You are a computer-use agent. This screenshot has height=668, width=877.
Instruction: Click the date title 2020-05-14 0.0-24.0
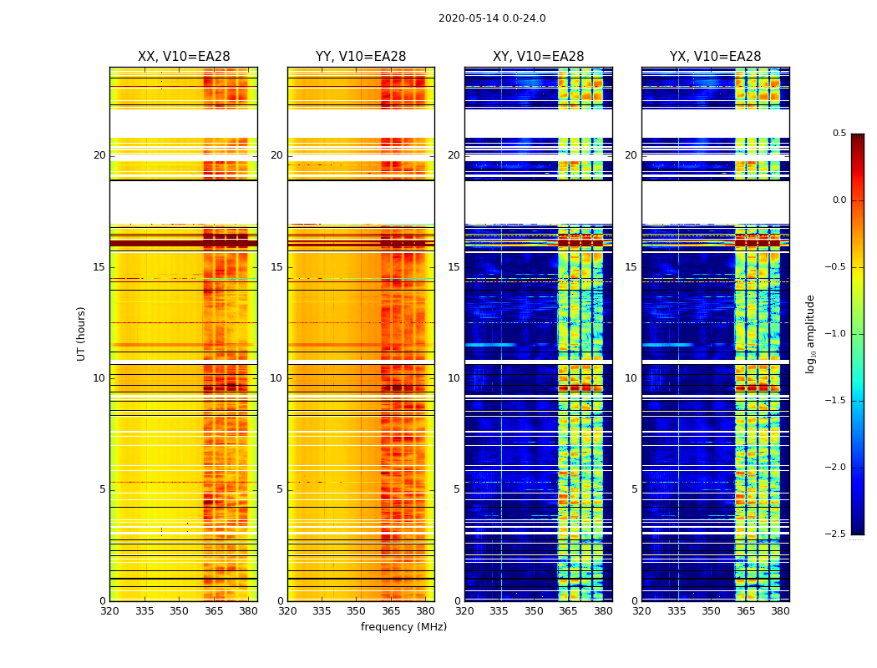492,18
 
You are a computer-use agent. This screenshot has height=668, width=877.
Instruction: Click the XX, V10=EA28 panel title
184,57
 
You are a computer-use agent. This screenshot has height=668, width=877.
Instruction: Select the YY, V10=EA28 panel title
361,57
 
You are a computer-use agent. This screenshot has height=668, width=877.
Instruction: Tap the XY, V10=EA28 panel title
539,57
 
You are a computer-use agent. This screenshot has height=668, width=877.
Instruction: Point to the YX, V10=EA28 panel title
716,57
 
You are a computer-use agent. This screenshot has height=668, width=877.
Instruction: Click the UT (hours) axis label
81,333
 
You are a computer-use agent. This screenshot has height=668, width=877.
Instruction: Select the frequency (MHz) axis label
403,627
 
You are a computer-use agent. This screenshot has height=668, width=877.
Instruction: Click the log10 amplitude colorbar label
810,333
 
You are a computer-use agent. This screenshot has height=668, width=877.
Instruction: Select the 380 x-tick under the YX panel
780,611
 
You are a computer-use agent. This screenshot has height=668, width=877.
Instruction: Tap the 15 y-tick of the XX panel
100,267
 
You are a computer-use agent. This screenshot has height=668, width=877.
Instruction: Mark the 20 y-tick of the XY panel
454,155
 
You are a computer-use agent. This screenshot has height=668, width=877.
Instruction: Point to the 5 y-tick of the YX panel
635,489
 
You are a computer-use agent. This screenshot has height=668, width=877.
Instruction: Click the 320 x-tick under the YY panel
287,611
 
